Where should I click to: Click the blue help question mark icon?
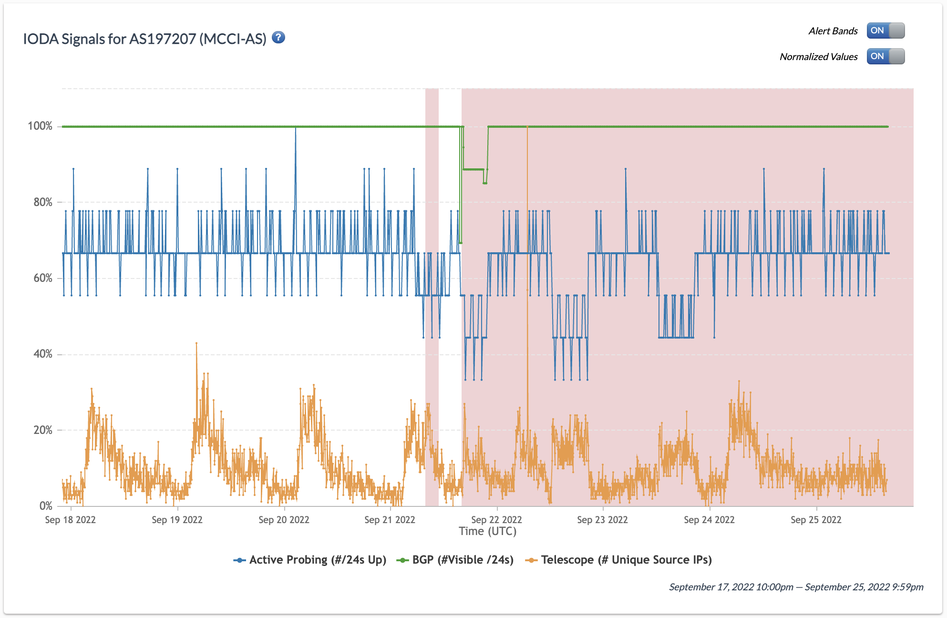[x=278, y=38]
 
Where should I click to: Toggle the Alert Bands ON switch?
[x=885, y=31]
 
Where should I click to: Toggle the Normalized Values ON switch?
[x=885, y=56]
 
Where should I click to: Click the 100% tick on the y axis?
[x=40, y=126]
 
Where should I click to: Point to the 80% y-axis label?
[x=43, y=202]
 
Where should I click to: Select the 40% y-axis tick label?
[x=43, y=354]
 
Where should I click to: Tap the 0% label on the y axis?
[x=46, y=506]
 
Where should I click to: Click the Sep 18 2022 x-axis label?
[x=70, y=520]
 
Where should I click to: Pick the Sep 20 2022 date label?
[x=284, y=520]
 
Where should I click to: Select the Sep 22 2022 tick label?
[x=496, y=520]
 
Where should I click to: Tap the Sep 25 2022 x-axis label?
[x=816, y=520]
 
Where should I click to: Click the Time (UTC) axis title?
[x=487, y=531]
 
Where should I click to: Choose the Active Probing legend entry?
[x=310, y=560]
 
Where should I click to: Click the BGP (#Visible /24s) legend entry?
[x=455, y=560]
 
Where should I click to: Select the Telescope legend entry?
[x=618, y=560]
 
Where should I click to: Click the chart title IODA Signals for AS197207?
[x=144, y=39]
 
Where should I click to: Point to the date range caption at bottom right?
[x=796, y=587]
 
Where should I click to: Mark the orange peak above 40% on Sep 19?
[x=196, y=344]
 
